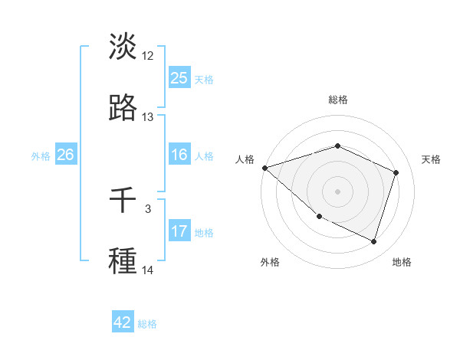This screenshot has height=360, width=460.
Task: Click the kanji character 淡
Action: [x=123, y=47]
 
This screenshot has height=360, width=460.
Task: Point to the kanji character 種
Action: [x=123, y=260]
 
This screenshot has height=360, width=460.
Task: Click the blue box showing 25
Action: [x=179, y=78]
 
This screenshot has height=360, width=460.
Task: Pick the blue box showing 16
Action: [x=179, y=155]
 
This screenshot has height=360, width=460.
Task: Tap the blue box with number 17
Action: [x=179, y=231]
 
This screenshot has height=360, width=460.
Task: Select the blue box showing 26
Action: [x=65, y=155]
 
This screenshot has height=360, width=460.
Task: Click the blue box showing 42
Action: [x=123, y=323]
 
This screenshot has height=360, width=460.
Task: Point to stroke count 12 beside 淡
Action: [x=148, y=56]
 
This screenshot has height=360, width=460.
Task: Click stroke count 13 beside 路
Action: [x=148, y=117]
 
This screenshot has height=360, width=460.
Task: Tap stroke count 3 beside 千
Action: [x=148, y=208]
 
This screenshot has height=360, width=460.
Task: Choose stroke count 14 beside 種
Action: [x=148, y=270]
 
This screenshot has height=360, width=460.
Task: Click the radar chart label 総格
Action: [x=338, y=100]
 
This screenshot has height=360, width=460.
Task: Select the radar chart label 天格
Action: [x=431, y=159]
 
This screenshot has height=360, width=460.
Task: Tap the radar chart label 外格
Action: [x=270, y=262]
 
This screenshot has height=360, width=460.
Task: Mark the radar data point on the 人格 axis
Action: [x=264, y=168]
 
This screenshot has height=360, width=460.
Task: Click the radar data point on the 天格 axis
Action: [x=396, y=172]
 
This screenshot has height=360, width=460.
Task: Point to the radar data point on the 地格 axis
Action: [x=374, y=242]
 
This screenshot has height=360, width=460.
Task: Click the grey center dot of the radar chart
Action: [x=338, y=191]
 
